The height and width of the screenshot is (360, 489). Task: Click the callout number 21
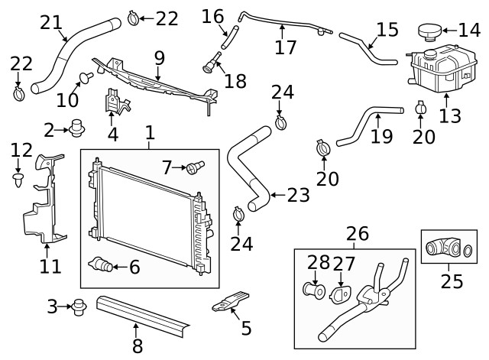51,22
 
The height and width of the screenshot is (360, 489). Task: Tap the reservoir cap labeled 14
429,31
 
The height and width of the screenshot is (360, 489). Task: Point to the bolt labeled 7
201,164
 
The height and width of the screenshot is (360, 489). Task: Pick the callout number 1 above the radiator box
150,133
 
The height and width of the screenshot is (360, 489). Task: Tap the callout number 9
158,57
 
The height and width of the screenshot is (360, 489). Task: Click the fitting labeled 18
210,65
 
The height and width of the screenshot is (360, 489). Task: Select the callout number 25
451,282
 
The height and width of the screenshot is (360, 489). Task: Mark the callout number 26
357,232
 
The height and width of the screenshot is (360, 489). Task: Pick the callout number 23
298,195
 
